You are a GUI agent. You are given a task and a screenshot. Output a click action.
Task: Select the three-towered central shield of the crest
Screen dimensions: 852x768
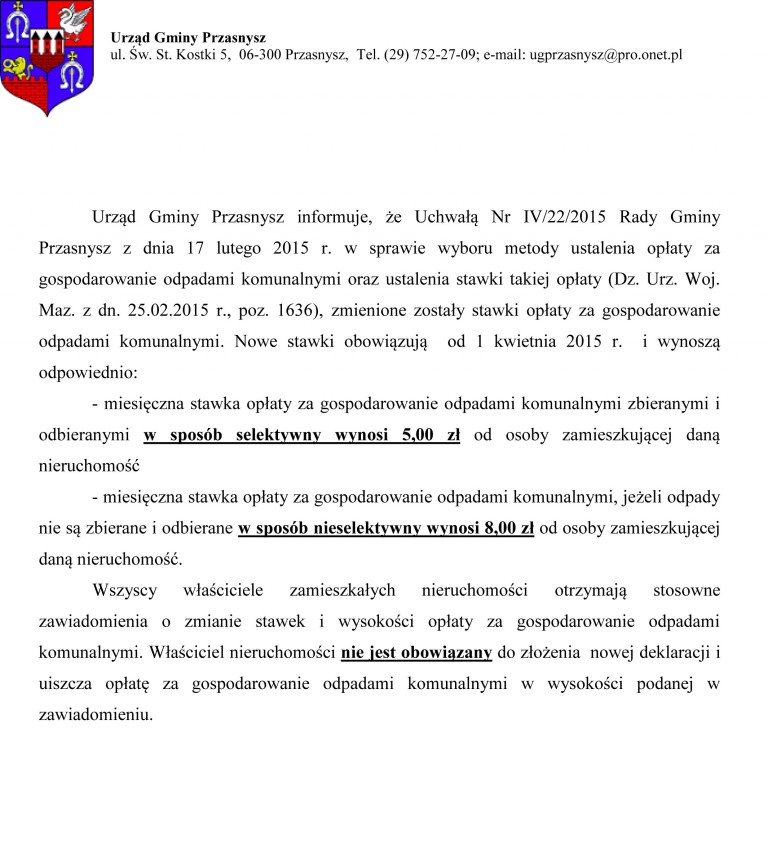click(47, 45)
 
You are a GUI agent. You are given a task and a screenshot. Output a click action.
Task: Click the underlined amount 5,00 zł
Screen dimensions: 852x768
click(431, 434)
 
